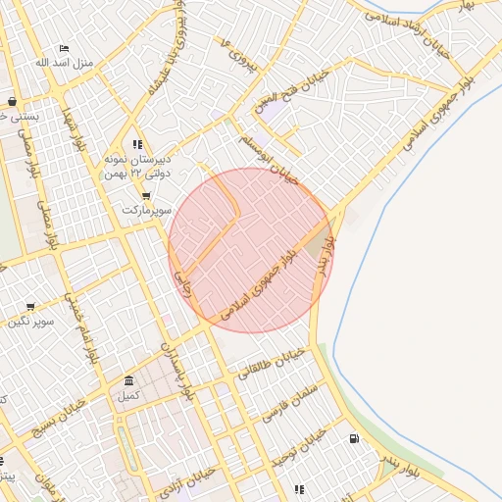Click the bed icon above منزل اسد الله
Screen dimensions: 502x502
point(65,48)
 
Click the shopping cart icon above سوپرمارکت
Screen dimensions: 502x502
point(146,195)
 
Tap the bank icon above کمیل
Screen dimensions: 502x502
point(129,380)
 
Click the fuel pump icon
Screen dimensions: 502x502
point(353,438)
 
